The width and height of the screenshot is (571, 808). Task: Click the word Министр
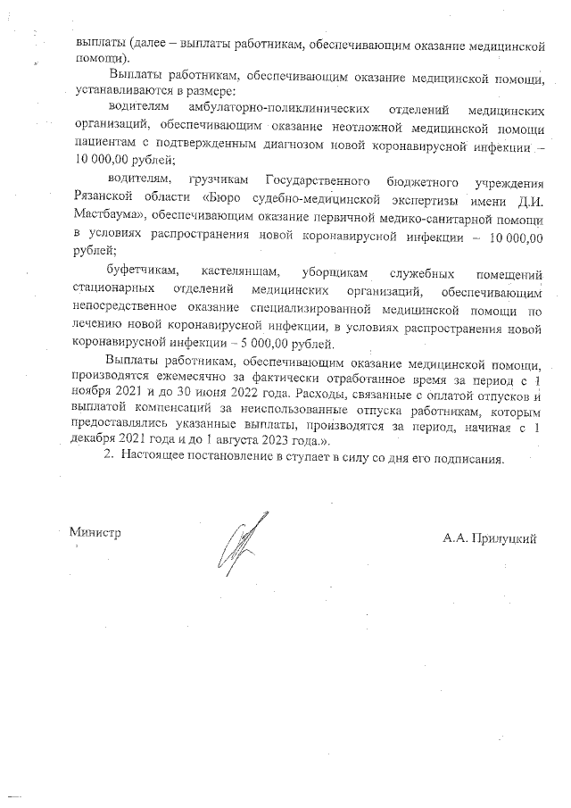click(x=95, y=532)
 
